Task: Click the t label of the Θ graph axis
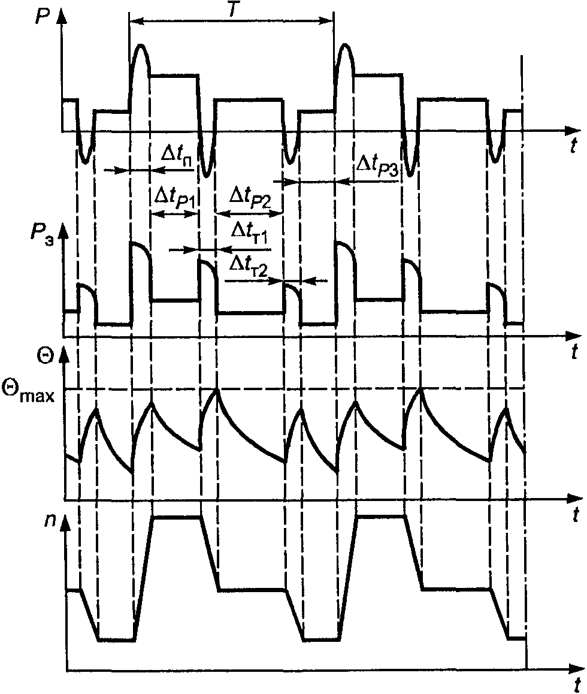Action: pos(573,514)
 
